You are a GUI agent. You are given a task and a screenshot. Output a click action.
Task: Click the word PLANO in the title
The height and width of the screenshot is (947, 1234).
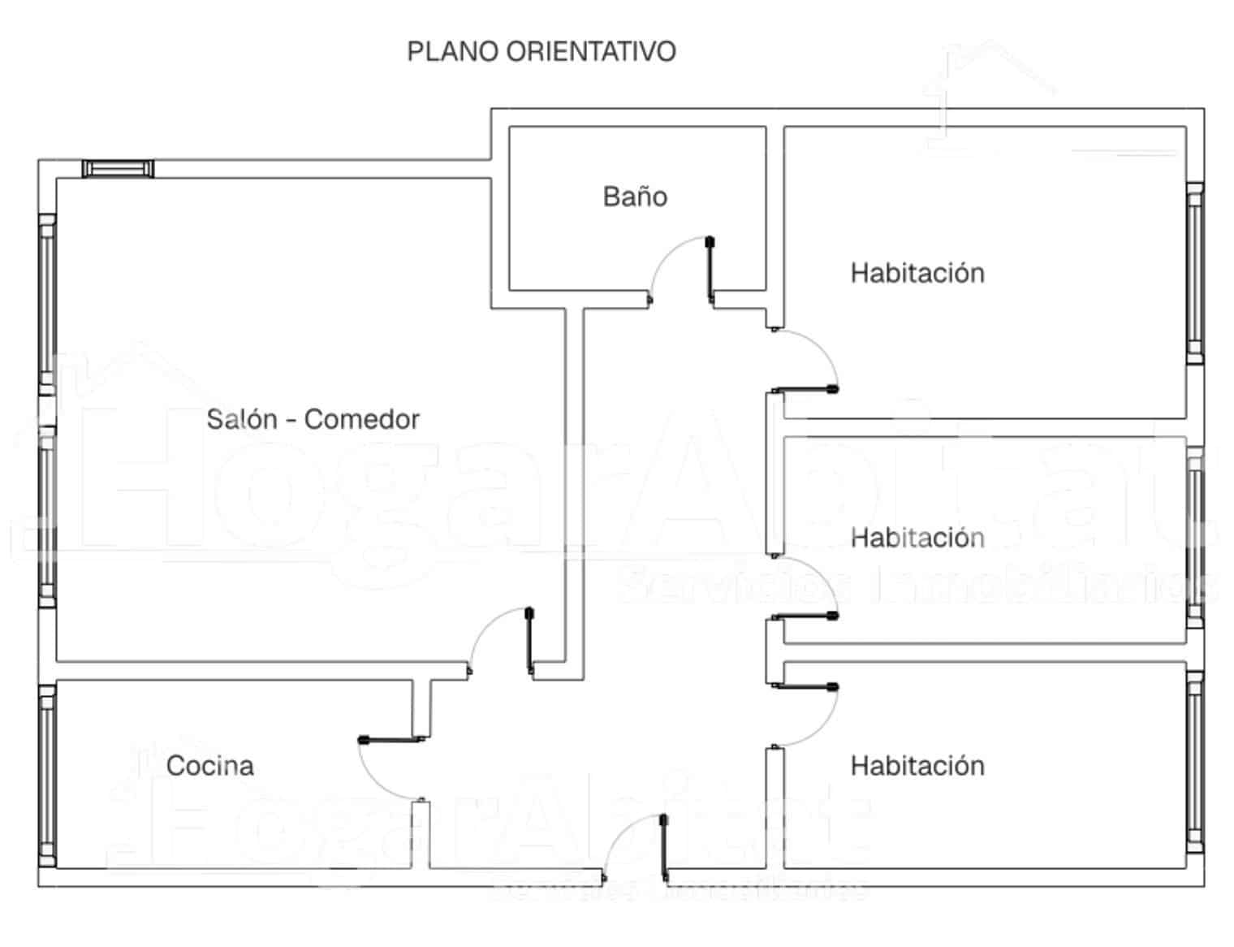click(452, 52)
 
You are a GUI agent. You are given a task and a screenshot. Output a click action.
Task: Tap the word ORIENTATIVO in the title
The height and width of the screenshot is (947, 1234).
click(590, 52)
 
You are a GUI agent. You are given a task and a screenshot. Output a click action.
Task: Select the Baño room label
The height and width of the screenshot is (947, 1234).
click(635, 197)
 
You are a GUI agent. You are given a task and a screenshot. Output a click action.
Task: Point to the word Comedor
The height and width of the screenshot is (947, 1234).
click(361, 419)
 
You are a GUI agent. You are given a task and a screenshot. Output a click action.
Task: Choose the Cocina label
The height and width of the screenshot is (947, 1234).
click(209, 765)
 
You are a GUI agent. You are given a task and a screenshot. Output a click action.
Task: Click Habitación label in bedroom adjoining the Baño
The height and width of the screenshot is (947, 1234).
click(917, 273)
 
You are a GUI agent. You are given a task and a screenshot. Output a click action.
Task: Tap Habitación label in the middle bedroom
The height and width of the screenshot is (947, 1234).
click(917, 538)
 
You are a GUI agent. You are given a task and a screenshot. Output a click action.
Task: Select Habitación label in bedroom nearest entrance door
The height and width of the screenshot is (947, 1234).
click(917, 765)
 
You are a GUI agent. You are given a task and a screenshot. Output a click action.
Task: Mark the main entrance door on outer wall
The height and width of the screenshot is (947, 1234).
click(636, 849)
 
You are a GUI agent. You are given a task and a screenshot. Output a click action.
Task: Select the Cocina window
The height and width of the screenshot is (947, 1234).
click(47, 774)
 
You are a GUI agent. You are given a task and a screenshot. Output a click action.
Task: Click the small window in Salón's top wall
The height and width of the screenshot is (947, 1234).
click(118, 169)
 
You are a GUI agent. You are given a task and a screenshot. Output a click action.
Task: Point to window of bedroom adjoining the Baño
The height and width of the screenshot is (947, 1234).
click(1194, 273)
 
